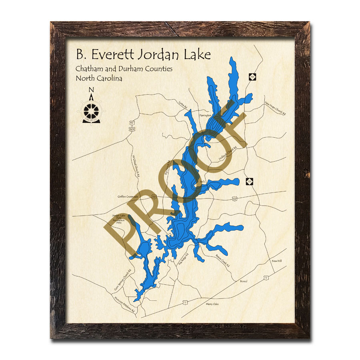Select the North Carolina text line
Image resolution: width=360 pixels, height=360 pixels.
pos(99,78)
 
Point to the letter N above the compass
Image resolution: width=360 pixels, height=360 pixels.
pos(91,90)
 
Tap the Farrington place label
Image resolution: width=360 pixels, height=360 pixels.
pos(205,115)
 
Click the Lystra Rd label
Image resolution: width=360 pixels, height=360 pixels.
pos(183,105)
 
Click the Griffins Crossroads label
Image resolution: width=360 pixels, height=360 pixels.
pos(128,197)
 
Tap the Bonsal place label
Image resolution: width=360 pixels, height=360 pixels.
pos(244,281)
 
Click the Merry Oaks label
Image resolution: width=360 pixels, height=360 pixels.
pos(212,304)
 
